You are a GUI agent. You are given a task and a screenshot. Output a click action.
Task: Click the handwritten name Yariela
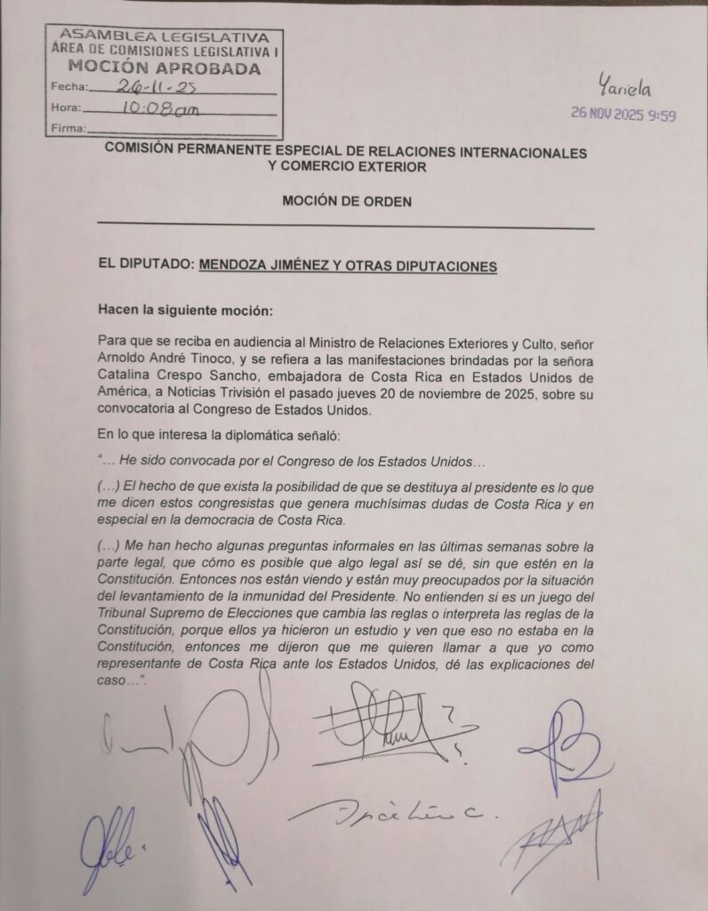click(x=624, y=88)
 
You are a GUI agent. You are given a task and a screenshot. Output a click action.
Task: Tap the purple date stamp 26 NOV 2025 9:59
click(x=623, y=115)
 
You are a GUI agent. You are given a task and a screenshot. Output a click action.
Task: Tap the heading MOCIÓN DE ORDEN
click(x=347, y=202)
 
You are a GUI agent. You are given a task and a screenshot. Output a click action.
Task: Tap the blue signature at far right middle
click(x=562, y=740)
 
